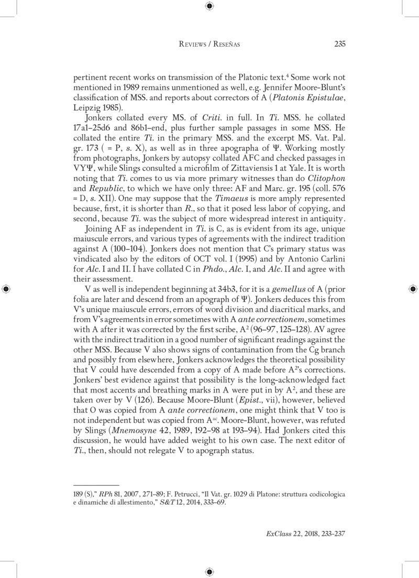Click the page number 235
(339, 44)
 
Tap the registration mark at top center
(210, 6)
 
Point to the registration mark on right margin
(412, 289)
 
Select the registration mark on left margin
(6, 289)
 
